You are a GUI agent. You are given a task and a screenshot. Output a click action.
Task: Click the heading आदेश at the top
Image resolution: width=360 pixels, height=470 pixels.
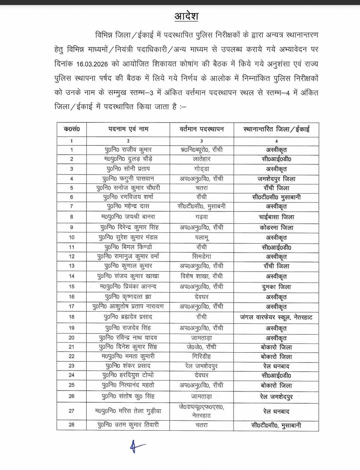tap(186, 16)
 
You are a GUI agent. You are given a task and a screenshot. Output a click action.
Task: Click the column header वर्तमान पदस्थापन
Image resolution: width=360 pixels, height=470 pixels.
tap(201, 129)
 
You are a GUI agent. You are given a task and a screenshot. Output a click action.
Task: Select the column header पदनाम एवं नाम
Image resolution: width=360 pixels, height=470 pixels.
tap(128, 129)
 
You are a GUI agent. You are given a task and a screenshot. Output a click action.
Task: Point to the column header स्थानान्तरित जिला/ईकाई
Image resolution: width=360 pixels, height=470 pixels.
tap(276, 129)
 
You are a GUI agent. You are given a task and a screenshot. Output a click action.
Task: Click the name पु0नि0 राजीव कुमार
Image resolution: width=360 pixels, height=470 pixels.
tap(128, 150)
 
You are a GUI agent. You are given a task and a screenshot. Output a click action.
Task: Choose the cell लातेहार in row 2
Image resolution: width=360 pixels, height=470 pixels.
tap(201, 159)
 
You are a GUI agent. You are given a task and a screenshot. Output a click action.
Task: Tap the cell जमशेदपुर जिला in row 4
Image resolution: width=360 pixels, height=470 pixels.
tap(276, 179)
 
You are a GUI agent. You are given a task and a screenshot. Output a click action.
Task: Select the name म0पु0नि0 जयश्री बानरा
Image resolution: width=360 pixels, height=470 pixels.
tap(128, 217)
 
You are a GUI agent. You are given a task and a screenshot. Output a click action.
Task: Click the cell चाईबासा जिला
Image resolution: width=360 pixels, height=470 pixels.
tap(276, 217)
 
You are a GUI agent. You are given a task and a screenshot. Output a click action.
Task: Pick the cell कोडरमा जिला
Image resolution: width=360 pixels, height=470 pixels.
tap(276, 227)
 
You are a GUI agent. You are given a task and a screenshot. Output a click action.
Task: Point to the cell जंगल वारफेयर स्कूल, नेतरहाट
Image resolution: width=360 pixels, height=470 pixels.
tap(276, 317)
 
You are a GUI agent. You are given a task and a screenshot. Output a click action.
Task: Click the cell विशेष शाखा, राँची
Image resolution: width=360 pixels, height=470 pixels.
tap(201, 276)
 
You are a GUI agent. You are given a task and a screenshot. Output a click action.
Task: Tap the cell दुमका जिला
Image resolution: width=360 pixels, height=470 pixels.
tap(276, 287)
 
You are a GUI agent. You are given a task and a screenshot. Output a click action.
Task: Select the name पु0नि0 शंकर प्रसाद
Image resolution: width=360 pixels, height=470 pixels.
tap(128, 366)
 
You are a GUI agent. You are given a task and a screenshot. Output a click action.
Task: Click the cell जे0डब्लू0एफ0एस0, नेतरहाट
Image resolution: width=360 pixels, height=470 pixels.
tap(201, 411)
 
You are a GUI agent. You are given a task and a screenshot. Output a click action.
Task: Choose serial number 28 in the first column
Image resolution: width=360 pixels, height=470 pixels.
tap(71, 425)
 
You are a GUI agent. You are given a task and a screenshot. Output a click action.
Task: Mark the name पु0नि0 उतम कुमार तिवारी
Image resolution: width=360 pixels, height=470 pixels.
tap(128, 425)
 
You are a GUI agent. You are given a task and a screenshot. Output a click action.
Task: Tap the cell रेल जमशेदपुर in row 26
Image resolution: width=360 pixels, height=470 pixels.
tap(276, 397)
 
